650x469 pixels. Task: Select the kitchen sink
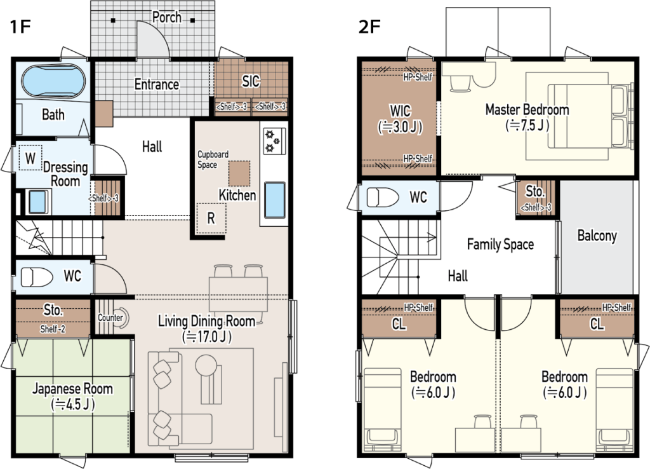[x=274, y=200]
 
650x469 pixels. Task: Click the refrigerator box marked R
[x=211, y=218]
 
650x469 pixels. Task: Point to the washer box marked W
[x=30, y=158]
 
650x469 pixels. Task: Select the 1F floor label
[x=20, y=27]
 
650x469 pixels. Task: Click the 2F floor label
[x=369, y=27]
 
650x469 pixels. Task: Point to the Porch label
[x=167, y=17]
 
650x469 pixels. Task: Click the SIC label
[x=251, y=81]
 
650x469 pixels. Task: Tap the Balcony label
[x=597, y=236]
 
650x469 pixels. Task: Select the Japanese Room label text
[x=72, y=389]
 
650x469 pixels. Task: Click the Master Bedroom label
[x=527, y=109]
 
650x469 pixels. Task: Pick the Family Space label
[x=500, y=244]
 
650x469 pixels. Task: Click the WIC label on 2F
[x=401, y=111]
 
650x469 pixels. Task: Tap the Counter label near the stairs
[x=110, y=318]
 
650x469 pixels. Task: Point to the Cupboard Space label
[x=213, y=160]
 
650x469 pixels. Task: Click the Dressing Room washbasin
[x=39, y=201]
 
